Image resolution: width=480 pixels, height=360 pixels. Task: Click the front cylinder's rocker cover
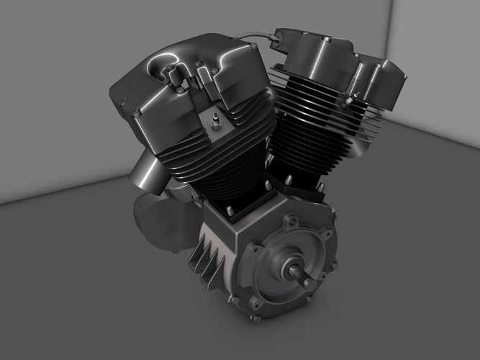(x=180, y=79)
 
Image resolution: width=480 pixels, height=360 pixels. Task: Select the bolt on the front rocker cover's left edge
(x=135, y=112)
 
